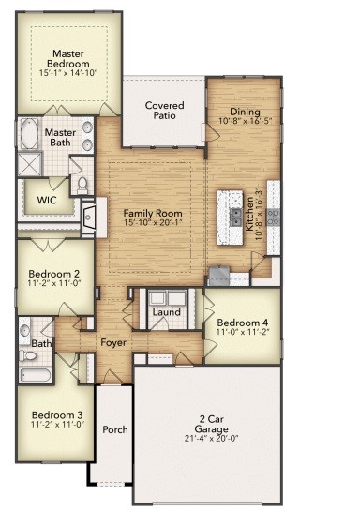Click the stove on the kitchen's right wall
273,217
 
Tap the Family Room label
153,214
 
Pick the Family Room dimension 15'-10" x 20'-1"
153,225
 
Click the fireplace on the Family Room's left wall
88,217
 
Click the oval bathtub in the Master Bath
28,135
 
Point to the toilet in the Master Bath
81,183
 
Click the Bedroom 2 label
52,274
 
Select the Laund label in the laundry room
167,312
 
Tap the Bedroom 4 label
242,322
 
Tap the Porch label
115,430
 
